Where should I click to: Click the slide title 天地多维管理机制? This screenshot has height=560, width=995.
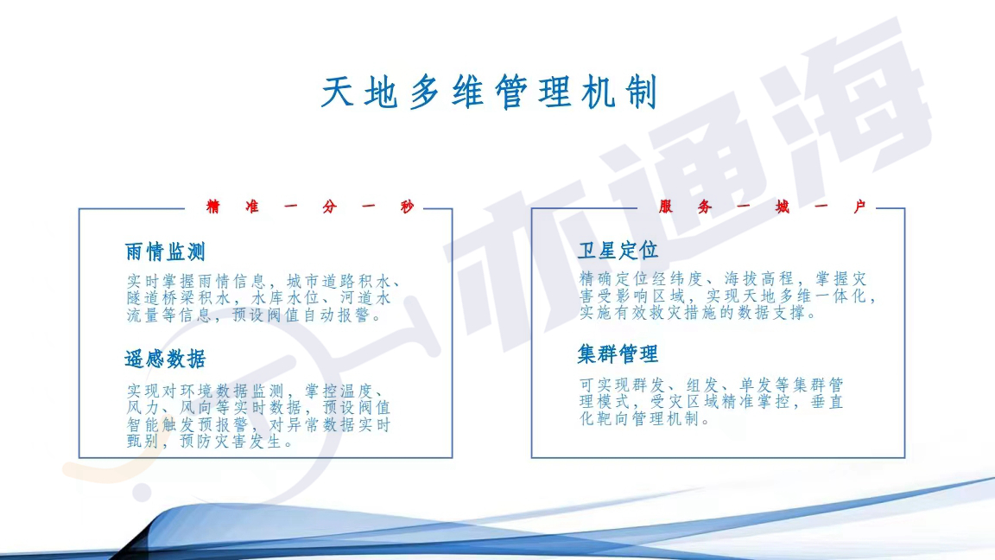pos(489,92)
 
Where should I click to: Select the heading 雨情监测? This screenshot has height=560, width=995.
pos(165,252)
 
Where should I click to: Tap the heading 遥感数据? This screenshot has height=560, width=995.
pos(165,360)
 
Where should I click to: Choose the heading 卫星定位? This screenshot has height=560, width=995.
pos(618,251)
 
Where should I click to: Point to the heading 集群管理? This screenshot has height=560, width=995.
pos(618,354)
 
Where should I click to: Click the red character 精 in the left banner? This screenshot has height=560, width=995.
pos(213,207)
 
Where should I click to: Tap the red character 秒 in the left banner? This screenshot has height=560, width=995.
pos(408,207)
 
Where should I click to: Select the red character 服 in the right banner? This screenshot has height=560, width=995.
pos(666,207)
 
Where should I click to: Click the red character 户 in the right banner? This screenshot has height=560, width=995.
pos(860,207)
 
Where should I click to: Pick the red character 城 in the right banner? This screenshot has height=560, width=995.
pos(783,207)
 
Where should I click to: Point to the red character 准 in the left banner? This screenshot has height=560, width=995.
pos(252,207)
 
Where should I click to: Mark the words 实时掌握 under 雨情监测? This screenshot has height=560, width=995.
pos(161,281)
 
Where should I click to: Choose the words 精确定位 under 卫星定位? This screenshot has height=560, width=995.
pos(613,279)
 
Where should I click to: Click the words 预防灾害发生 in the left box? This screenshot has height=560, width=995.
pos(231,442)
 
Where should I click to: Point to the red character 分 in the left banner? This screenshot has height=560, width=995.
pos(329,207)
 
